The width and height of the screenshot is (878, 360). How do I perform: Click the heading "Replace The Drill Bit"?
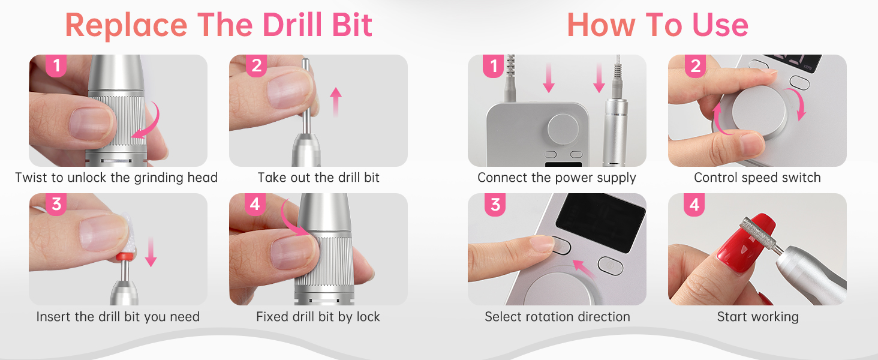coord(218,25)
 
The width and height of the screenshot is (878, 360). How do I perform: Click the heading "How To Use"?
coord(658,25)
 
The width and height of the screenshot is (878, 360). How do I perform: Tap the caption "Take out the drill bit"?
coord(318,178)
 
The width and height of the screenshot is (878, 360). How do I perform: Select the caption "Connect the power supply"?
coord(557,178)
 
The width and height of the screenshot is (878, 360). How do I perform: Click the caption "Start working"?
coord(757,316)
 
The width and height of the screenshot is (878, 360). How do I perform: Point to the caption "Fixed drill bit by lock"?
coord(318,316)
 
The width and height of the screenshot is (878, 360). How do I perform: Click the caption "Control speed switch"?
coord(757,178)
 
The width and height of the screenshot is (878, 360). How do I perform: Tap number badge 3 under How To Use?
coord(495,205)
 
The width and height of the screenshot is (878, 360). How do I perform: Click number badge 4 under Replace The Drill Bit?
coord(255,205)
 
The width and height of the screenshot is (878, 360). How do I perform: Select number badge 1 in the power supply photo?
coord(494,65)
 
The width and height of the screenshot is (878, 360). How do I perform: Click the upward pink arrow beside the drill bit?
coord(335,102)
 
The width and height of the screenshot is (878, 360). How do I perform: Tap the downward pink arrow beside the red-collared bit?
coord(151,252)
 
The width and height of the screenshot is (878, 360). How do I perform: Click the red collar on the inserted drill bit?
coord(125,257)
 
